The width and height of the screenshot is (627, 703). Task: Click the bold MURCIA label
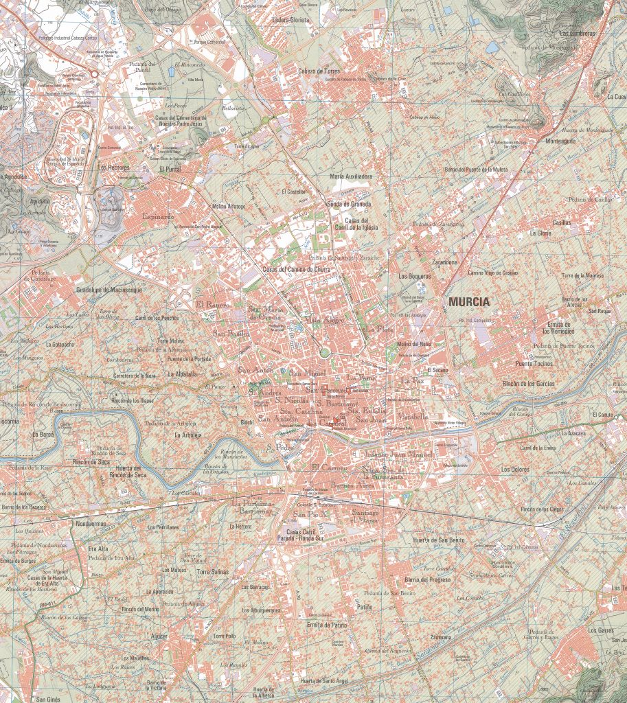469,301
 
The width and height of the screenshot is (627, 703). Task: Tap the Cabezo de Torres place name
319,71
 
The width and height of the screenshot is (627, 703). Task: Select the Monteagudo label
560,141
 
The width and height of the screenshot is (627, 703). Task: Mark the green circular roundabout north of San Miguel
325,353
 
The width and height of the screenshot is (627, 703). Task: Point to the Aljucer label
159,636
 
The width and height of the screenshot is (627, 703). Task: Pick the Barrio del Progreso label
428,579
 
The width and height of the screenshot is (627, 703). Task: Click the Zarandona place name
444,262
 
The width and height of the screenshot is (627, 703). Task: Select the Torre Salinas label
212,572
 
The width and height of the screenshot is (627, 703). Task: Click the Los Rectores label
114,167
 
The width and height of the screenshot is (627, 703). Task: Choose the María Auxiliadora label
351,176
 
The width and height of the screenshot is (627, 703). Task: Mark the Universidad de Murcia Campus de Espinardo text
65,161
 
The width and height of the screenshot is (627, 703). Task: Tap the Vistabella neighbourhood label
411,416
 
